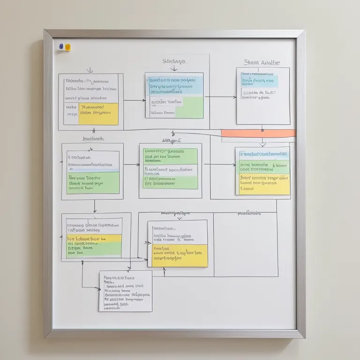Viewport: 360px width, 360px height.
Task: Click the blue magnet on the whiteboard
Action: pyautogui.click(x=61, y=47)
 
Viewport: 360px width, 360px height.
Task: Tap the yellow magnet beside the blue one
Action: pyautogui.click(x=67, y=47)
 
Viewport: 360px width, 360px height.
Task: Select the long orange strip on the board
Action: pyautogui.click(x=258, y=133)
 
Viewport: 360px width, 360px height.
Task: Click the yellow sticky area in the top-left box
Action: pyautogui.click(x=98, y=114)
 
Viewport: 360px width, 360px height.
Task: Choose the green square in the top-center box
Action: pyautogui.click(x=189, y=107)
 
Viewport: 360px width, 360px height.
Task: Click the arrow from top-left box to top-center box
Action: pyautogui.click(x=135, y=100)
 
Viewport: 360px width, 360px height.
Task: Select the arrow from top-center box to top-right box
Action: pyautogui.click(x=220, y=97)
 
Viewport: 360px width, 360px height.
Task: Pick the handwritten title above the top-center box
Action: pyautogui.click(x=174, y=61)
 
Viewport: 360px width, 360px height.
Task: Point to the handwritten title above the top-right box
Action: pyautogui.click(x=262, y=62)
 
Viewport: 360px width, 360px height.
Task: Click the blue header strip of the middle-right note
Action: pyautogui.click(x=262, y=154)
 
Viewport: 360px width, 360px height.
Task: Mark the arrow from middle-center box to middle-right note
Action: pyautogui.click(x=219, y=165)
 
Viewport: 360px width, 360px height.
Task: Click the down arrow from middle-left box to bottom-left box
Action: pyautogui.click(x=95, y=206)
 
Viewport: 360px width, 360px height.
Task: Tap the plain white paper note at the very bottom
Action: pyautogui.click(x=125, y=291)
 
